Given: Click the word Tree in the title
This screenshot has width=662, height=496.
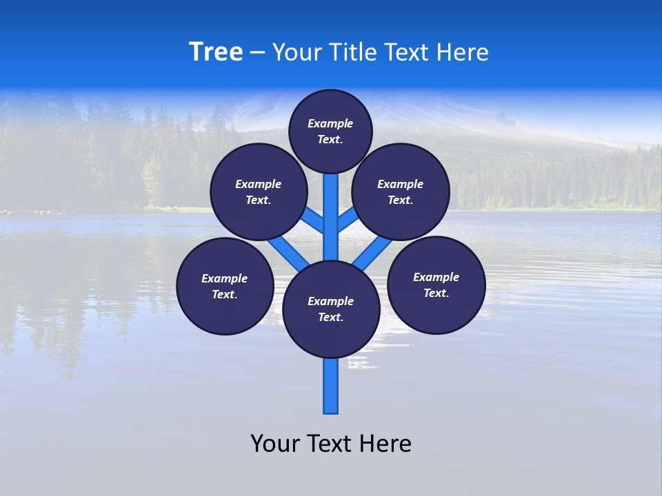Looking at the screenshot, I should click(x=216, y=52).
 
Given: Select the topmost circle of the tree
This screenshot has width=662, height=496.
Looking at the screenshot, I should click(x=330, y=131).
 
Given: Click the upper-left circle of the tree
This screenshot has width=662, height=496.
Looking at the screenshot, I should click(x=259, y=192).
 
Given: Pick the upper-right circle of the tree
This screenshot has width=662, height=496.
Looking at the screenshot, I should click(x=401, y=192).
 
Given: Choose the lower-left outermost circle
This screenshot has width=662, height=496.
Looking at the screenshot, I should click(x=225, y=286).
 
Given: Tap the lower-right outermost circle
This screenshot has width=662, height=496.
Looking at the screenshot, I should click(x=437, y=285).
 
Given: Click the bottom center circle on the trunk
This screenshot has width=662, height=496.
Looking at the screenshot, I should click(x=331, y=309).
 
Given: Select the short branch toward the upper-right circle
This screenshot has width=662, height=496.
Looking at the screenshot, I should click(x=347, y=220).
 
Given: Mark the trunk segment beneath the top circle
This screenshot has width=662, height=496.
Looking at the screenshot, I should click(x=331, y=207).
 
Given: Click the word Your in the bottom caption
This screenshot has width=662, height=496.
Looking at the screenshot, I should click(x=274, y=444).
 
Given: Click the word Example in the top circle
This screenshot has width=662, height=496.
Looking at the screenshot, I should click(x=330, y=123).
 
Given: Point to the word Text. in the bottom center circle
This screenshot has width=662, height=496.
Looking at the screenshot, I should click(x=330, y=317).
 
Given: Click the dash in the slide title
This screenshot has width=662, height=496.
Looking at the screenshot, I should click(x=257, y=52).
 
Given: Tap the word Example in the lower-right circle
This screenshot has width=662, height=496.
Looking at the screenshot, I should click(x=436, y=277).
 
